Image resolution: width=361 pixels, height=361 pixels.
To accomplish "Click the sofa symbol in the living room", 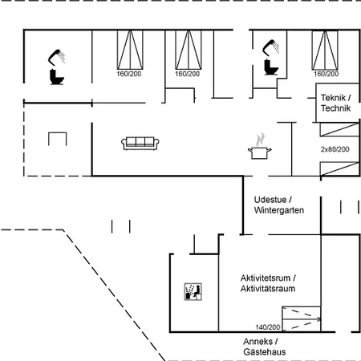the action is point(140,144).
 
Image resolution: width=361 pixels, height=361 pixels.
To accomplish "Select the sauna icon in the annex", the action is point(193,291).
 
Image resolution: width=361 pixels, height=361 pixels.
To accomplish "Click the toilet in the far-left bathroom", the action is point(57,77).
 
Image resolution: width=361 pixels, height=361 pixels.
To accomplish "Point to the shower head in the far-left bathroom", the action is point(56,56).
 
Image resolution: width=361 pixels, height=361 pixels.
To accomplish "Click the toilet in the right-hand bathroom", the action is point(271,67).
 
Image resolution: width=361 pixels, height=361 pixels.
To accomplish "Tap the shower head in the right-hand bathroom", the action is point(270,47).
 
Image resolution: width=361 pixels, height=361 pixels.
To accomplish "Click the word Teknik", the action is point(333,98).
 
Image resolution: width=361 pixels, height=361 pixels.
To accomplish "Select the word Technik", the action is point(335,108).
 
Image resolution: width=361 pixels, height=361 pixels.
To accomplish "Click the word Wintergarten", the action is point(279,210).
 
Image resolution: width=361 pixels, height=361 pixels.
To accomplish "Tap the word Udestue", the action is point(270,200).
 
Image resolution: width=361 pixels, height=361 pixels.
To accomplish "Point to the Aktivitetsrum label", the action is point(266,278).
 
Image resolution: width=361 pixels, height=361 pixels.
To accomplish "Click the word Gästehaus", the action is point(265,352).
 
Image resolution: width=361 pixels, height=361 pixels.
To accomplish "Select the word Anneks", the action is point(258,342).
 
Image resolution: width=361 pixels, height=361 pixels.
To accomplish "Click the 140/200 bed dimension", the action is point(268,327).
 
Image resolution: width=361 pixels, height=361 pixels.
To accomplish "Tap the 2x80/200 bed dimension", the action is point(335,149).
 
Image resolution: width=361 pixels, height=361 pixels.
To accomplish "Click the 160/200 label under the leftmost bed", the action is point(129,74).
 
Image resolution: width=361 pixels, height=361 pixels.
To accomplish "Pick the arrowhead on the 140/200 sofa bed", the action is point(318,319).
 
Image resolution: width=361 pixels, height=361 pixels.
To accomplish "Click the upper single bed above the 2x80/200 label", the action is point(339,129).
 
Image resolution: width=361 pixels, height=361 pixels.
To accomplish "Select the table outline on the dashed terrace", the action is point(58,139).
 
